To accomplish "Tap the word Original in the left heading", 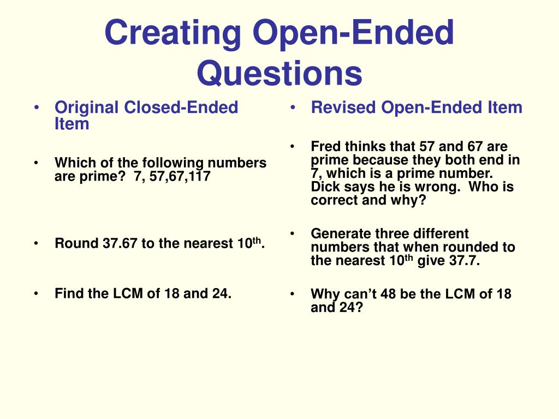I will pyautogui.click(x=87, y=107).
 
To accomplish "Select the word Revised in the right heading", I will pyautogui.click(x=344, y=107).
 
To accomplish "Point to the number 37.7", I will pyautogui.click(x=464, y=261).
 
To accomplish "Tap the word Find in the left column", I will pyautogui.click(x=68, y=294).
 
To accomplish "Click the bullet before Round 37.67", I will pyautogui.click(x=36, y=243).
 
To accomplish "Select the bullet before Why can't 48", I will pyautogui.click(x=293, y=294).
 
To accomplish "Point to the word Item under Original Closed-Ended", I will pyautogui.click(x=72, y=124).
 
